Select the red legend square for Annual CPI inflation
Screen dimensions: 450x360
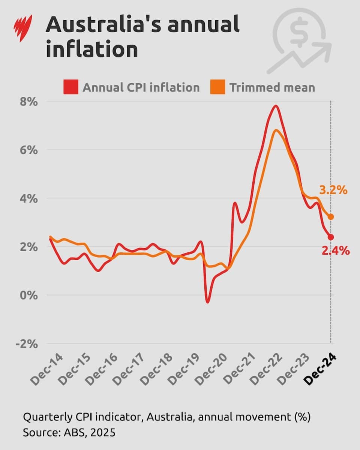pos(71,87)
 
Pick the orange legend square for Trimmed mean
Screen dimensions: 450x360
pos(218,87)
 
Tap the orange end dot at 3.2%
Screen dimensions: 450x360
pos(331,217)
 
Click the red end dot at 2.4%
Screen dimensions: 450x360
pos(331,237)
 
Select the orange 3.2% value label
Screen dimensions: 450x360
pos(333,190)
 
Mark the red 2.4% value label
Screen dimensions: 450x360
pos(336,251)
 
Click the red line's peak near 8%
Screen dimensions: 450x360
pos(276,106)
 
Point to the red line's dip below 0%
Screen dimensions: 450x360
pos(207,302)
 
